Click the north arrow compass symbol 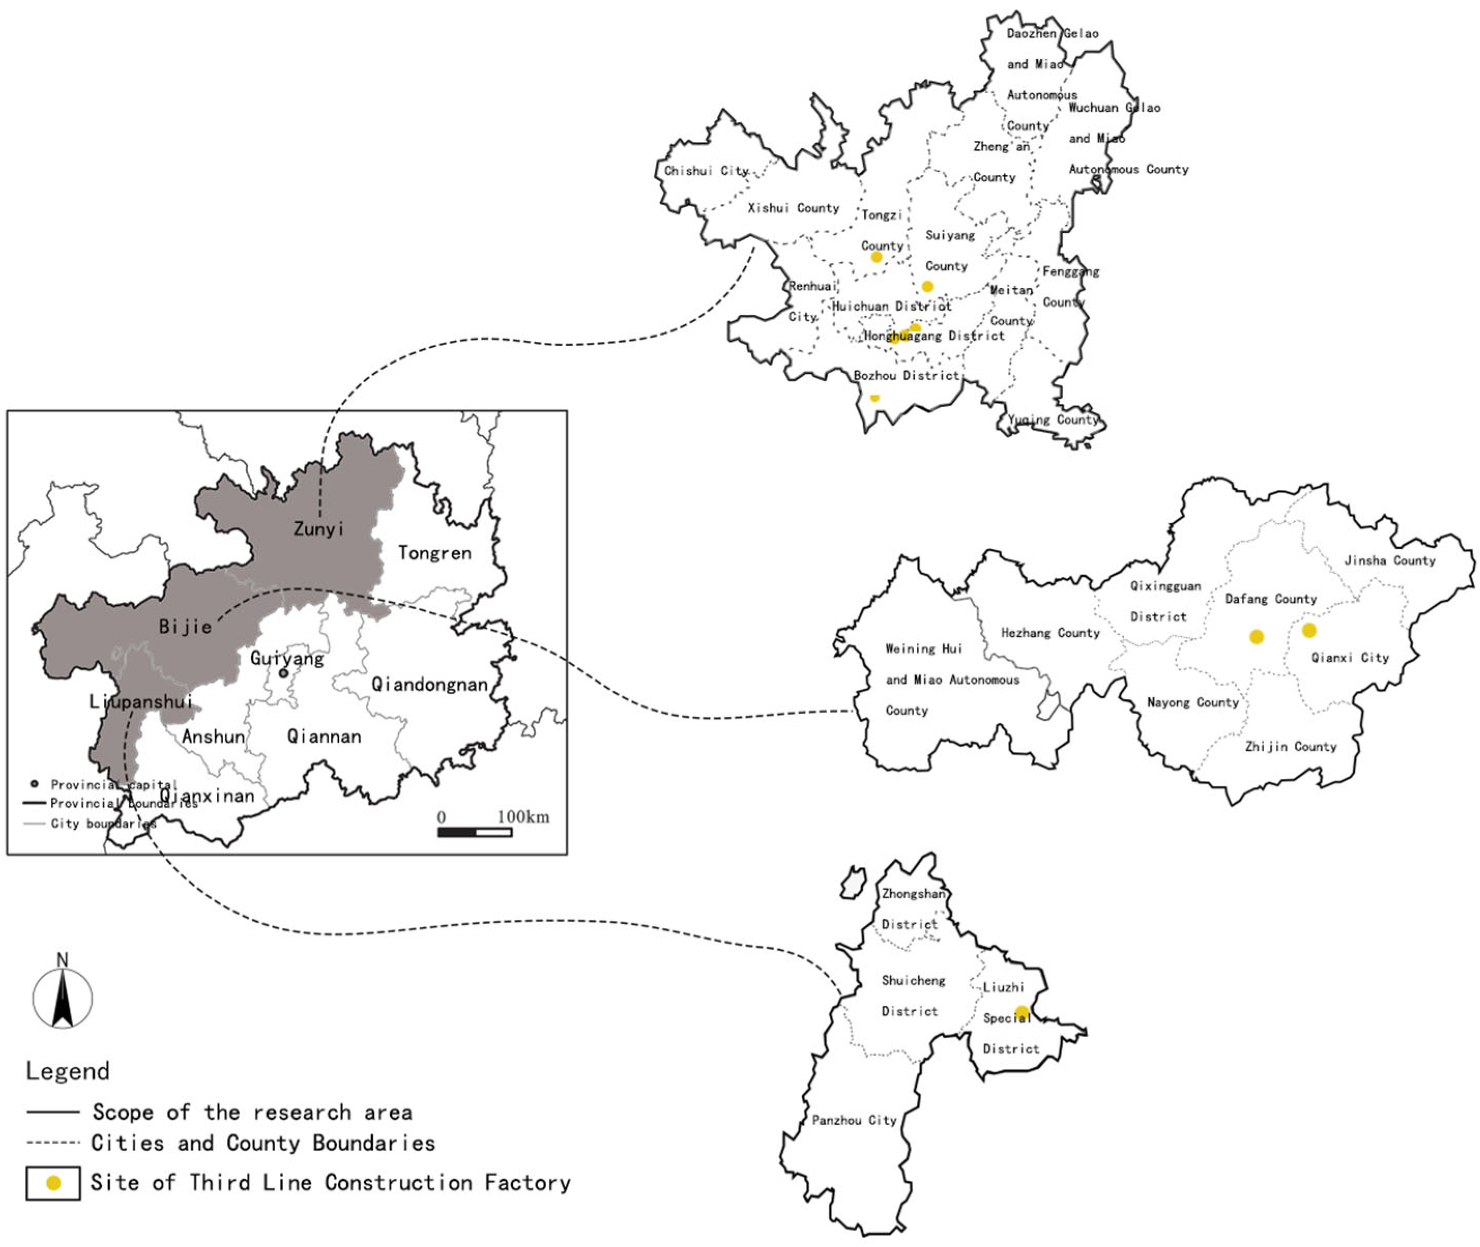click(62, 997)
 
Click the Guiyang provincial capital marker click(283, 673)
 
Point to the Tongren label click(434, 553)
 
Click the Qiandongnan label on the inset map click(429, 684)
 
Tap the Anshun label click(213, 736)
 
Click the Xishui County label click(793, 208)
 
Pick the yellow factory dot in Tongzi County click(876, 257)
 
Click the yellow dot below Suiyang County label click(927, 286)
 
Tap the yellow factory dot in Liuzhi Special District click(1021, 1011)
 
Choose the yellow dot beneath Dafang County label click(1256, 637)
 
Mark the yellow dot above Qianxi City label click(1309, 630)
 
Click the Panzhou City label click(854, 1120)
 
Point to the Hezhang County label click(1050, 633)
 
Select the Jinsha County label click(1389, 561)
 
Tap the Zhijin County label click(1291, 747)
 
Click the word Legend click(68, 1071)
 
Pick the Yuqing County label click(1052, 419)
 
